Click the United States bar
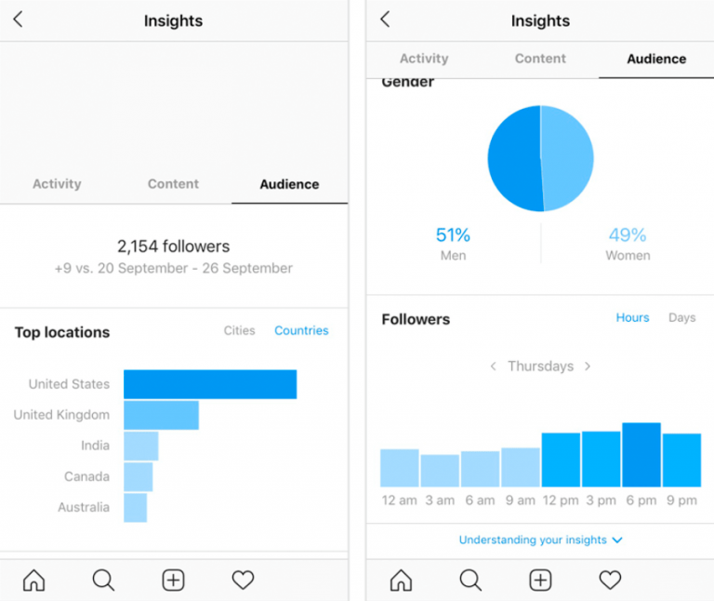click(210, 384)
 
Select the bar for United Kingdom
click(161, 415)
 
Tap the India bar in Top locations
click(140, 446)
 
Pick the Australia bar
click(135, 507)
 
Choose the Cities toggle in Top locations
click(239, 330)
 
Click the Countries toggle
click(301, 330)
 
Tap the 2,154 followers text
click(173, 247)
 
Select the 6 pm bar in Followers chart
click(641, 455)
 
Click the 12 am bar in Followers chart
click(400, 468)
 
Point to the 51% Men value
click(453, 235)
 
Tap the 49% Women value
click(628, 235)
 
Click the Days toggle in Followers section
click(681, 317)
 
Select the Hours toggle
click(632, 317)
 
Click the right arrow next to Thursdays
click(588, 367)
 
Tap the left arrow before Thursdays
click(494, 367)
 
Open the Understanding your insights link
click(540, 540)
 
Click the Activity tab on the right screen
click(424, 59)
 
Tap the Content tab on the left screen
click(173, 184)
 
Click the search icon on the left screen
click(103, 581)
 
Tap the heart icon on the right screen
click(610, 581)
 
